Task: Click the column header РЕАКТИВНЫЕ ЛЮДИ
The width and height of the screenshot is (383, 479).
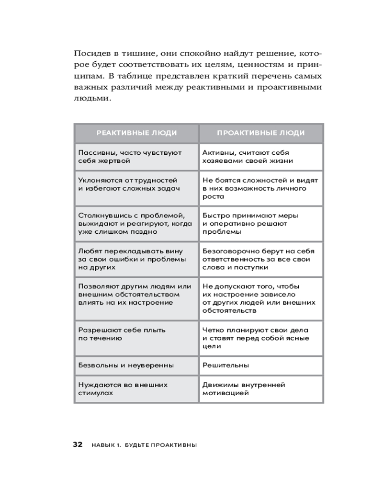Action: pos(136,133)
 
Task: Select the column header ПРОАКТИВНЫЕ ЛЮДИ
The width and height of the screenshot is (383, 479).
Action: pos(261,133)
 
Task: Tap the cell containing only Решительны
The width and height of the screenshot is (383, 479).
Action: pos(261,365)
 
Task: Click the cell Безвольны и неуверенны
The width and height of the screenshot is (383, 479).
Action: pos(136,365)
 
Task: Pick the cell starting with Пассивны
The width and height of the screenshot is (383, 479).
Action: pos(136,157)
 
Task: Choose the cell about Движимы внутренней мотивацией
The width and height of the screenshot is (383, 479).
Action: pos(261,388)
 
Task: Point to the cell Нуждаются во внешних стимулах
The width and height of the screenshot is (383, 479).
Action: pos(136,388)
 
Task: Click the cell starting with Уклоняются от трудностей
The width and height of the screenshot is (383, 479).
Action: pos(136,184)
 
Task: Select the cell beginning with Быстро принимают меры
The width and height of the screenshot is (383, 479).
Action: pos(261,223)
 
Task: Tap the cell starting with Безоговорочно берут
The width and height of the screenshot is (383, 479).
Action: pos(261,259)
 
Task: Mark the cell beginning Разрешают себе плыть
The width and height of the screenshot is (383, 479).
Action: pos(136,334)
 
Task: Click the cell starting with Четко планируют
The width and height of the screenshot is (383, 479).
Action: pos(261,338)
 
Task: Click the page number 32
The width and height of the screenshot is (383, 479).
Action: pos(78,445)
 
